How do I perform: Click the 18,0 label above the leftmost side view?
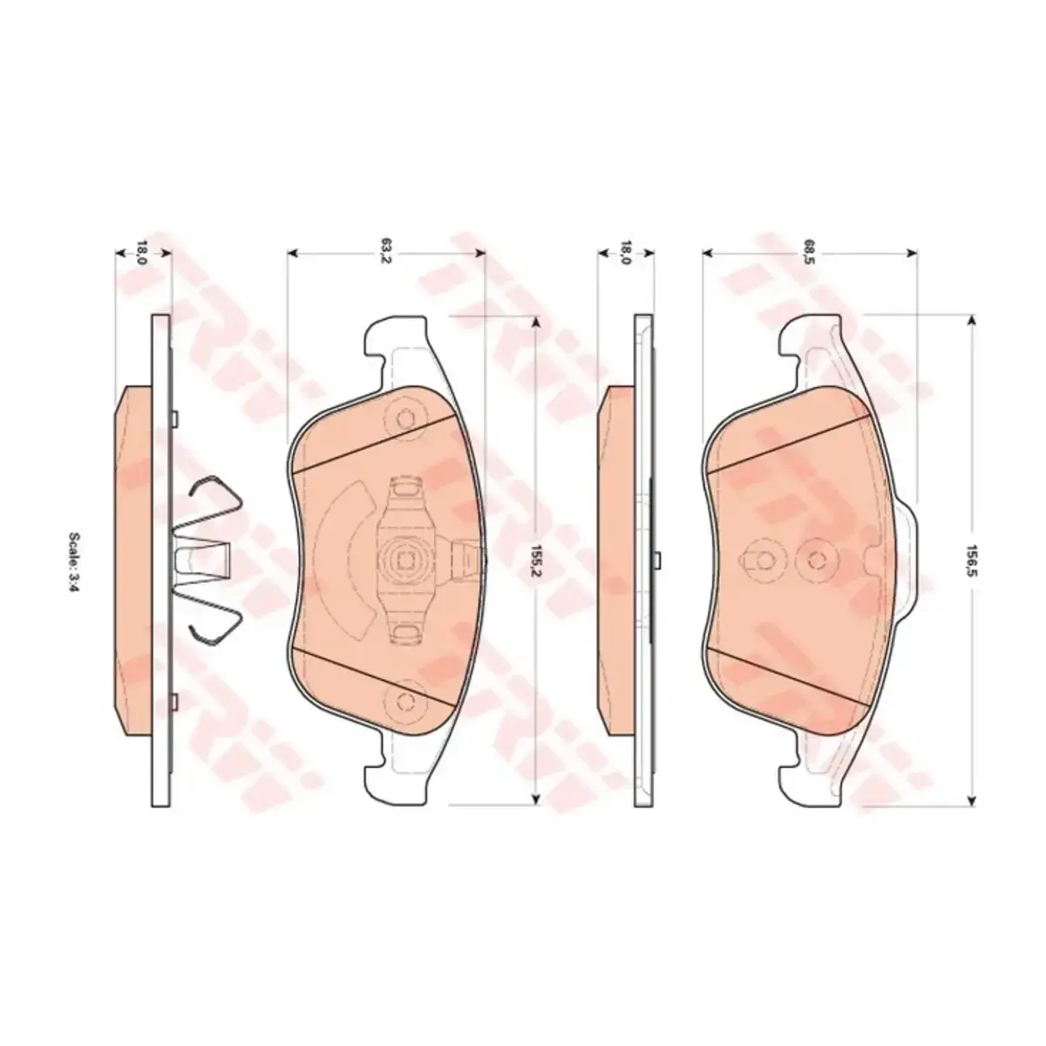coord(142,252)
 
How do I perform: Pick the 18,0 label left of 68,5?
coord(625,252)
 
